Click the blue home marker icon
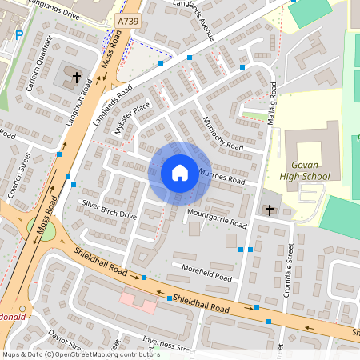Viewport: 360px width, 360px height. (180, 173)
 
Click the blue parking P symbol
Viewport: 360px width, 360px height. (18, 35)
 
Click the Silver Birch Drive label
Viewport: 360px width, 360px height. (110, 209)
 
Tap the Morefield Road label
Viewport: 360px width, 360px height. (206, 273)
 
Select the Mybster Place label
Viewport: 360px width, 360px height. (133, 118)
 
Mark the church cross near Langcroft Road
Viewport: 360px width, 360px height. (78, 78)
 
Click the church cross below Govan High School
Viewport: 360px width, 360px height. (270, 210)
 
